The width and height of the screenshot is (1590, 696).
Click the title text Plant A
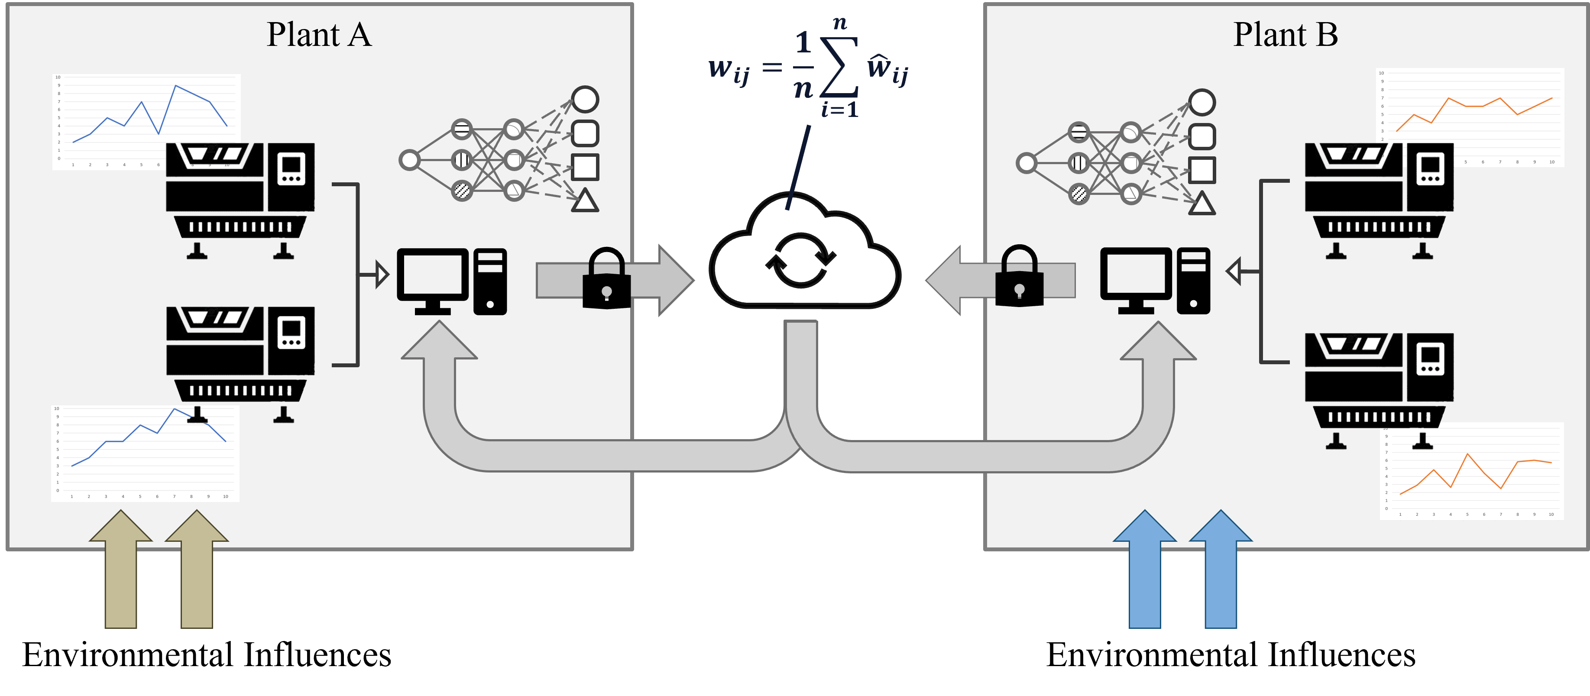click(319, 35)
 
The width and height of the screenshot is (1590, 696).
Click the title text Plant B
click(1285, 35)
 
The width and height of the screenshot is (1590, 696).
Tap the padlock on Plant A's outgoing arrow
click(607, 279)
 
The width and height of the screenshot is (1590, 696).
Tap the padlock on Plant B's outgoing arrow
click(1019, 277)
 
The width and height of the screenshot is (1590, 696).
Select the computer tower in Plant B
click(1193, 281)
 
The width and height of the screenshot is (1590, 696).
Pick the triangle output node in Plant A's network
click(585, 201)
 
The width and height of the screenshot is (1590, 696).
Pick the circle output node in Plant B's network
click(1202, 102)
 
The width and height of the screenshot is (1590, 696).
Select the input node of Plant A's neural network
click(409, 160)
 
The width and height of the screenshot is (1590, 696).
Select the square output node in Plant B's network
click(1202, 170)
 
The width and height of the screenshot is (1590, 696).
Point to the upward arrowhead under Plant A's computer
click(439, 343)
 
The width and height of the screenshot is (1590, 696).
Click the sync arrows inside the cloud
click(800, 260)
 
